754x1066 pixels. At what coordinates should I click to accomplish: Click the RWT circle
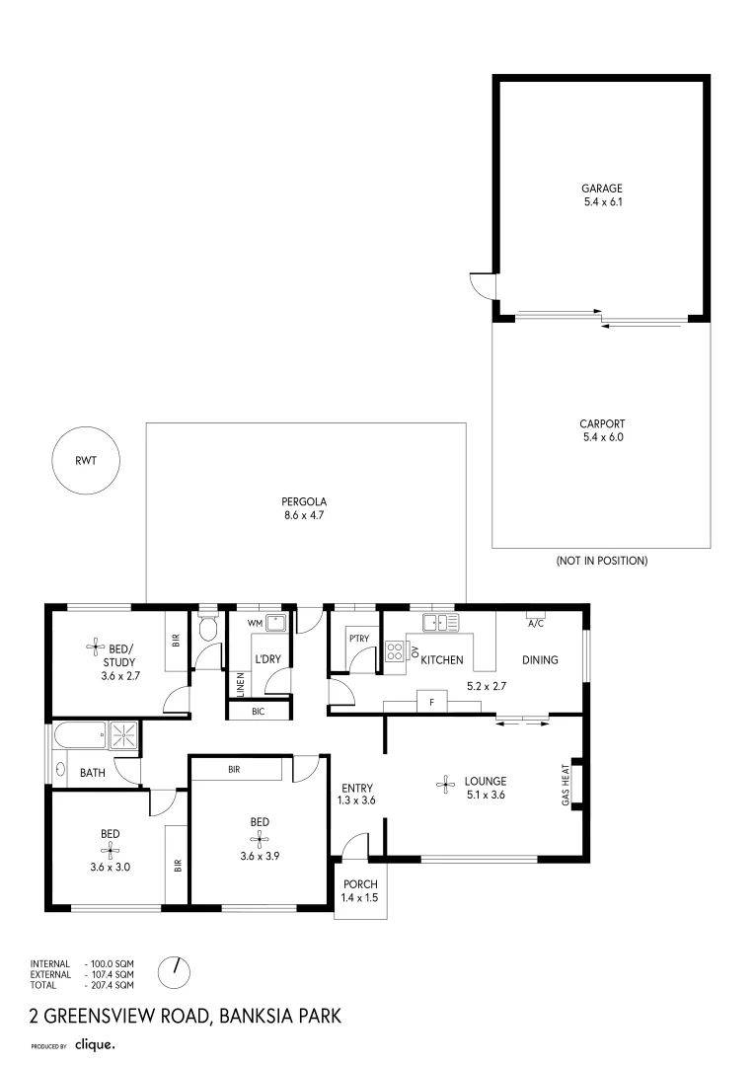[x=85, y=461]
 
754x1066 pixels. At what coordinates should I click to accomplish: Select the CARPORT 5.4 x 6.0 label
[x=602, y=430]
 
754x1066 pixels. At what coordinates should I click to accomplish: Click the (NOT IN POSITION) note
[x=601, y=561]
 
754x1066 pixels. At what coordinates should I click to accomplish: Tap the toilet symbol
[x=207, y=628]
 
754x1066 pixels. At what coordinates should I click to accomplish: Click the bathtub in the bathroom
[x=80, y=733]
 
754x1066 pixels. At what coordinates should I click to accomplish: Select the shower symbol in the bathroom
[x=124, y=733]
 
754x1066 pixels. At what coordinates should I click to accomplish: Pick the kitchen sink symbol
[x=441, y=622]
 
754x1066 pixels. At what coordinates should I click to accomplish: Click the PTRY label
[x=358, y=638]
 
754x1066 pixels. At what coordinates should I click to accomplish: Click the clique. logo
[x=96, y=1044]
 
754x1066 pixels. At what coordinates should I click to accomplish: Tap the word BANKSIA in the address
[x=263, y=1016]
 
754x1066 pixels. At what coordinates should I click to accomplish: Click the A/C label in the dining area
[x=536, y=624]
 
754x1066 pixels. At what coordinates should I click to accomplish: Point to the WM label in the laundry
[x=254, y=623]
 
